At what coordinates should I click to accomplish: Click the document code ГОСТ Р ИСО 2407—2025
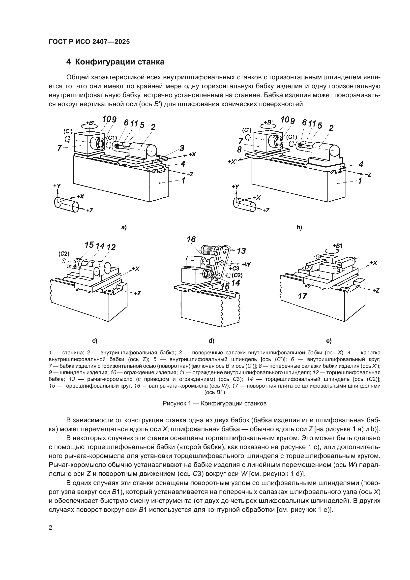coord(89,42)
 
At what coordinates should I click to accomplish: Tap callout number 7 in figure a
coord(59,148)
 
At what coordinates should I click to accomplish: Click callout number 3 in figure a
coord(182,148)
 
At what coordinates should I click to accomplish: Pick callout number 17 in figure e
coord(302,296)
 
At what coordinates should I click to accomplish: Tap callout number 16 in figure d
coord(191,239)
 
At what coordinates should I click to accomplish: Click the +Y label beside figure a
coord(57,186)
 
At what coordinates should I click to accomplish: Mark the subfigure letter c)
coord(95,341)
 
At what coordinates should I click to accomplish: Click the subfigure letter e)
coord(329,341)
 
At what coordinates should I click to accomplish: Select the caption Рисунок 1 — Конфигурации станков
coord(214,403)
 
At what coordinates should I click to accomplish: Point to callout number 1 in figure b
coord(360,181)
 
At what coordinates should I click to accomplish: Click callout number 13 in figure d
coord(241,251)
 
